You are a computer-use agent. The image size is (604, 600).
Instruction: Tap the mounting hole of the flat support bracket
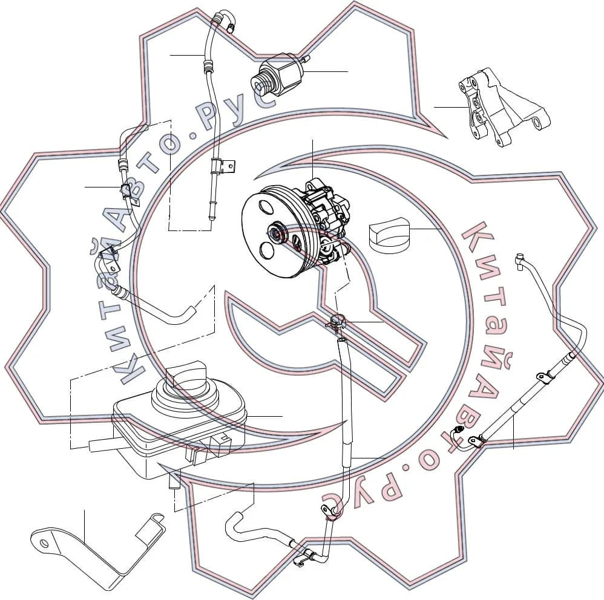(44, 543)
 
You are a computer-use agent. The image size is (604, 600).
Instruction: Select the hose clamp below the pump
(336, 321)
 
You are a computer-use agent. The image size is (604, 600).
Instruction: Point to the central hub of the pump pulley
(277, 233)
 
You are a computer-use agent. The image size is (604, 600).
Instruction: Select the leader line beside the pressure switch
(326, 71)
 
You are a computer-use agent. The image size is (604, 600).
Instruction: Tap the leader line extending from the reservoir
(264, 416)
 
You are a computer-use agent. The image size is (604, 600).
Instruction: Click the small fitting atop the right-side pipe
(520, 259)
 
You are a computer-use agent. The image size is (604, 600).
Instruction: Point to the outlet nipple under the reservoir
(174, 483)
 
